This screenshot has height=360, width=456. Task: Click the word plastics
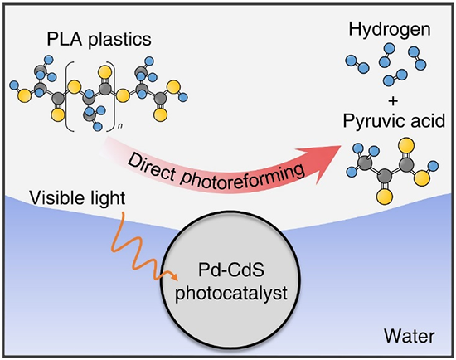pos(120,39)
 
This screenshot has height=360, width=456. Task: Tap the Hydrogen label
pos(390,30)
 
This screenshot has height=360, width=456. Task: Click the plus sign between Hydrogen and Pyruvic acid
pos(393,101)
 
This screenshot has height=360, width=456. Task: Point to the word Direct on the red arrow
pos(151,167)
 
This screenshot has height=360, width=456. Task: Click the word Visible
pos(51,197)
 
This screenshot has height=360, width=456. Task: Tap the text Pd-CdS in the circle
pos(231,270)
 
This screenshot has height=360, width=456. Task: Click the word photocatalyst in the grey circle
pos(231,294)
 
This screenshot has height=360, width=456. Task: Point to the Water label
pos(410,336)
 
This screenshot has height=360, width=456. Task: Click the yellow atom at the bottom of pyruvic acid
pos(385,196)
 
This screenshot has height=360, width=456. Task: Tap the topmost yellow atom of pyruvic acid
pos(406,145)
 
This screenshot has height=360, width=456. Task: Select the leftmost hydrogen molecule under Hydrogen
pos(357,65)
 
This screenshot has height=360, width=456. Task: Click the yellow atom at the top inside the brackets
pos(104,72)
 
